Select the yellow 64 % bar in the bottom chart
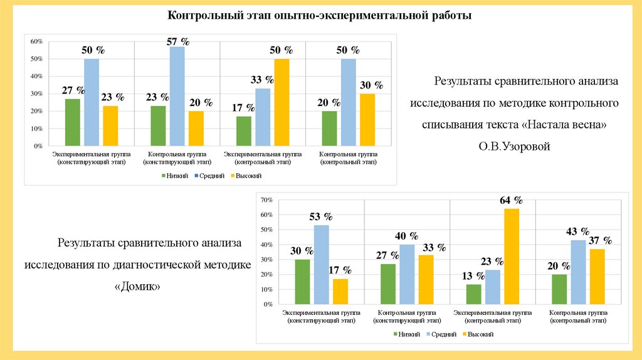[512, 257]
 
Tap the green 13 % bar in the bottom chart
[474, 295]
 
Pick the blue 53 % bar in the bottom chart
[322, 265]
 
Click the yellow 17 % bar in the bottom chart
[340, 292]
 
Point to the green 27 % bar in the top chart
[73, 122]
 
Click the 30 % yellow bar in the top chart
[367, 120]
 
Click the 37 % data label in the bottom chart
[599, 241]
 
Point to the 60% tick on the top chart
[36, 41]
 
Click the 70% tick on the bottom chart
[266, 200]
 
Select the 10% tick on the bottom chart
[266, 290]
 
